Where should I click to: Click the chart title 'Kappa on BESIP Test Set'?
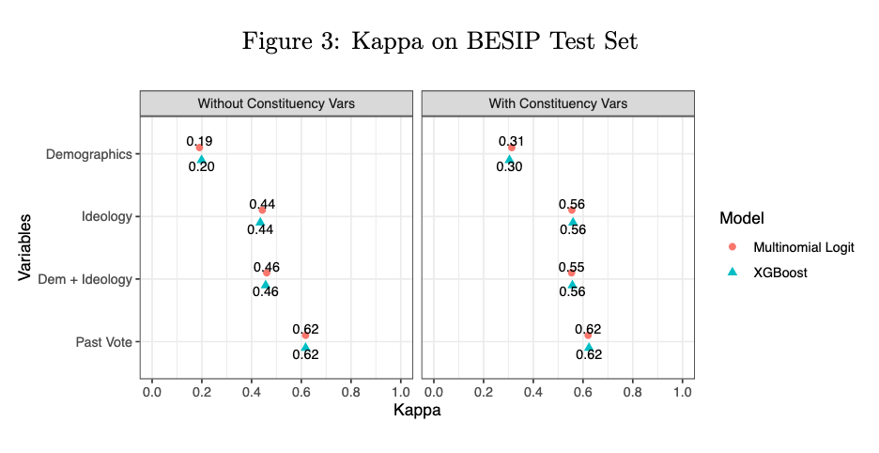click(439, 41)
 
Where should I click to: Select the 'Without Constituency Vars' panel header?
click(276, 103)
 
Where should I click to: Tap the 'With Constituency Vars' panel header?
click(558, 103)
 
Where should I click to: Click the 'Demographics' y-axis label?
click(88, 154)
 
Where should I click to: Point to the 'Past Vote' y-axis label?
click(103, 342)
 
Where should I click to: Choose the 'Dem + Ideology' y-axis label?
click(85, 279)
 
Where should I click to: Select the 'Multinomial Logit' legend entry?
click(803, 247)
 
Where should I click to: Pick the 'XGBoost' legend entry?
click(780, 273)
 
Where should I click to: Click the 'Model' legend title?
click(741, 218)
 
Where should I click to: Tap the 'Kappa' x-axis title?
click(416, 411)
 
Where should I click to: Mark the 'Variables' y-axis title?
click(25, 247)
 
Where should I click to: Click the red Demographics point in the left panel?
click(199, 148)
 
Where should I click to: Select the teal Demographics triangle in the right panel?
click(509, 160)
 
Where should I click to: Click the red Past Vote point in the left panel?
click(305, 336)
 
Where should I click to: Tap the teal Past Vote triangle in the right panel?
click(589, 348)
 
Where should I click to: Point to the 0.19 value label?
click(199, 141)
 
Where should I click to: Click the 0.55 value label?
click(571, 266)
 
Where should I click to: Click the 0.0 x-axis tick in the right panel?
click(433, 390)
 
